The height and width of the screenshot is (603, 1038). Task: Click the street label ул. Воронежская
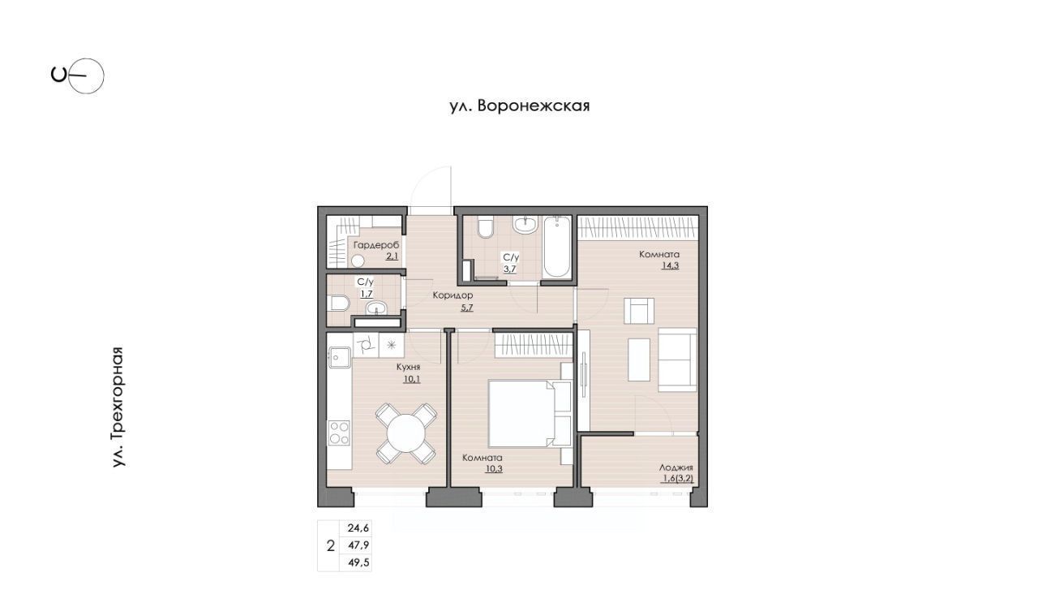click(x=520, y=106)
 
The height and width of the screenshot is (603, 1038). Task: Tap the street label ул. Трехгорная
click(x=118, y=407)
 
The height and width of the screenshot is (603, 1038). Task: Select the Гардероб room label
click(x=375, y=244)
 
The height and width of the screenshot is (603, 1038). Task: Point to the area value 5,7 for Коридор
click(x=466, y=307)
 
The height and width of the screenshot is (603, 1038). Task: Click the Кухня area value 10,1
click(x=412, y=379)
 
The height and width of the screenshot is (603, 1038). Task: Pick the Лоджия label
click(x=676, y=467)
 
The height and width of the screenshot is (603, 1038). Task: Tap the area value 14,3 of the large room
click(x=670, y=265)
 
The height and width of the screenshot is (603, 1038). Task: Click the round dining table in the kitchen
click(x=406, y=433)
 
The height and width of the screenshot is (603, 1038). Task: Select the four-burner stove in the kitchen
click(x=339, y=433)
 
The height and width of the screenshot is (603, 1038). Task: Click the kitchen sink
click(x=339, y=357)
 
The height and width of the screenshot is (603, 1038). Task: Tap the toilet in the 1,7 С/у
click(x=339, y=304)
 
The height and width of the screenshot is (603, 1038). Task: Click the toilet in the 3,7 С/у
click(x=485, y=227)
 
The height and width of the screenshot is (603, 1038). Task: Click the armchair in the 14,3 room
click(x=639, y=311)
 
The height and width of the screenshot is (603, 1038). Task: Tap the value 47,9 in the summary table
click(x=358, y=545)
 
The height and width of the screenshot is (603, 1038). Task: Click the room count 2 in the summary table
click(x=330, y=546)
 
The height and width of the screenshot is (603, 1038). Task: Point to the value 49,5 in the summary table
click(x=358, y=562)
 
